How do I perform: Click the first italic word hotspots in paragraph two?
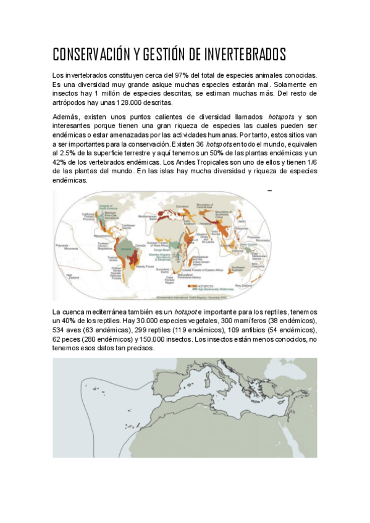282,117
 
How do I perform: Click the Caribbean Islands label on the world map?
128,226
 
